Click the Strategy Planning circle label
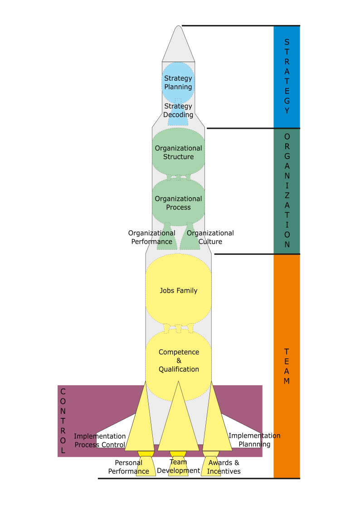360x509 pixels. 178,82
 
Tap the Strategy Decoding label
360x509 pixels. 178,111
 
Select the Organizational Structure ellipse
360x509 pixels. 178,152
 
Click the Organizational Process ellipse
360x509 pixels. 178,203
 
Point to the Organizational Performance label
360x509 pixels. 151,238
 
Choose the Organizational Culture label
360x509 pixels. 210,238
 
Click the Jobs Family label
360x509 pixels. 178,291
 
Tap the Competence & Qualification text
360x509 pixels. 178,360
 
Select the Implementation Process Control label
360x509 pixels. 100,440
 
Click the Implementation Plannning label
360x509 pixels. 254,440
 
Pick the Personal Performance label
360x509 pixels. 128,467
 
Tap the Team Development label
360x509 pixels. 178,466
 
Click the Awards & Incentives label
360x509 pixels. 224,467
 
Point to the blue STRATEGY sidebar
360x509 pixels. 287,77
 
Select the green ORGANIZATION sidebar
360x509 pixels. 287,190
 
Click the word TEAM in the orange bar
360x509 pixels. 287,366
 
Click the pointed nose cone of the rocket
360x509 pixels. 178,43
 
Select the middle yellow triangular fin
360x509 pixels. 178,422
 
